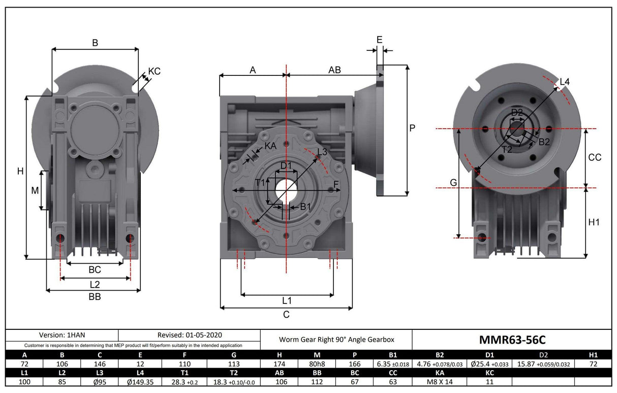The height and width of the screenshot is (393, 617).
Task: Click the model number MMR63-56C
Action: tap(512, 339)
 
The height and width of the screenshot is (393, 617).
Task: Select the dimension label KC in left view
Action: tap(154, 71)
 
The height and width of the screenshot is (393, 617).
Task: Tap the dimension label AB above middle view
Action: tap(334, 70)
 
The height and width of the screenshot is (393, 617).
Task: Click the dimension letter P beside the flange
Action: tap(413, 129)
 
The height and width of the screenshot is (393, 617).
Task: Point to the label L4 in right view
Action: tap(565, 82)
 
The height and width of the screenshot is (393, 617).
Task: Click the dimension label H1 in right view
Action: tap(594, 222)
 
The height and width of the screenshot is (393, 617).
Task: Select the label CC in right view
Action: tap(595, 158)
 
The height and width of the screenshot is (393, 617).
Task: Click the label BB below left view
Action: tap(95, 297)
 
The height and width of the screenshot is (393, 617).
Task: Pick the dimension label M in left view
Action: tap(35, 190)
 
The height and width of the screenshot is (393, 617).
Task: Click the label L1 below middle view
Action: tap(287, 300)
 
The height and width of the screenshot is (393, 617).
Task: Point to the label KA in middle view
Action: tap(270, 146)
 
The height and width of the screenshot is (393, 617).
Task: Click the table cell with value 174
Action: tap(279, 364)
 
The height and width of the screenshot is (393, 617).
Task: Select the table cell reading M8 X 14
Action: tap(440, 381)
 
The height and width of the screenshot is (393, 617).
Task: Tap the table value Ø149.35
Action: tap(140, 381)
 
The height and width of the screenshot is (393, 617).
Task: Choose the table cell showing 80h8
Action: tap(317, 364)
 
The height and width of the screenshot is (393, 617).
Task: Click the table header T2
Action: tap(234, 373)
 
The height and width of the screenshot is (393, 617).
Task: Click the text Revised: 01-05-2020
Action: tap(190, 335)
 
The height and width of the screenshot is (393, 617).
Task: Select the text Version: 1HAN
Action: tap(61, 335)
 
